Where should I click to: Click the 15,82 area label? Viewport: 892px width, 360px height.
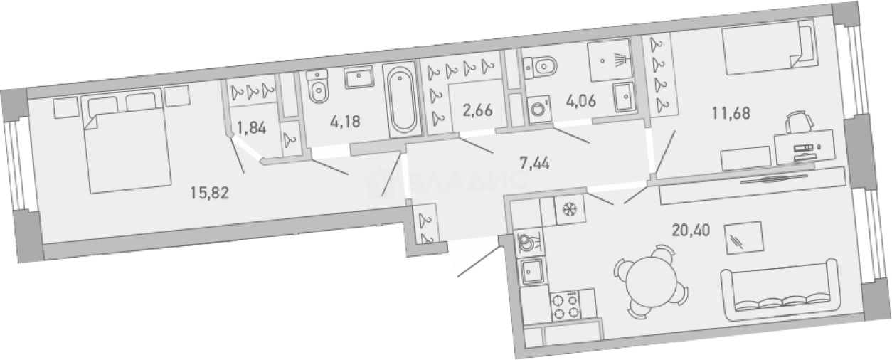[209, 193]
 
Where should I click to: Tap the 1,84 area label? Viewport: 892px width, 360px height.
[252, 128]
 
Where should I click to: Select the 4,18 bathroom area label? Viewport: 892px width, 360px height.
[345, 122]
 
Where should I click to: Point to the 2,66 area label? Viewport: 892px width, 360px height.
[477, 110]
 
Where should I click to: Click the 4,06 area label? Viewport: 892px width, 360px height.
[581, 101]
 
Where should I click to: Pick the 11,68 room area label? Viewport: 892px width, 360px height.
[731, 114]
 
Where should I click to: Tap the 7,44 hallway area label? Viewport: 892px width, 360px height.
[534, 163]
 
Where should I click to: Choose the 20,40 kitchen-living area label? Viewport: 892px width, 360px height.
[691, 231]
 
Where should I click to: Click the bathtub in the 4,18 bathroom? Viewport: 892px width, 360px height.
[403, 100]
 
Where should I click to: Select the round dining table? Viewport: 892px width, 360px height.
[651, 281]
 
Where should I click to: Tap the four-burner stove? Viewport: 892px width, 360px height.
[565, 306]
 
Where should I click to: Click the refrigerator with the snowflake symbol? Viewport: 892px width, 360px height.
[570, 209]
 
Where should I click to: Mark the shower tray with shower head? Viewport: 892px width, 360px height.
[610, 60]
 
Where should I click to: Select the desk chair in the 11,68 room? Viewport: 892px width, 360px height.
[800, 122]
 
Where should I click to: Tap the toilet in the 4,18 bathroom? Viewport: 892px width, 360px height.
[318, 88]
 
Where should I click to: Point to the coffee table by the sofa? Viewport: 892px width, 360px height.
[744, 238]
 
